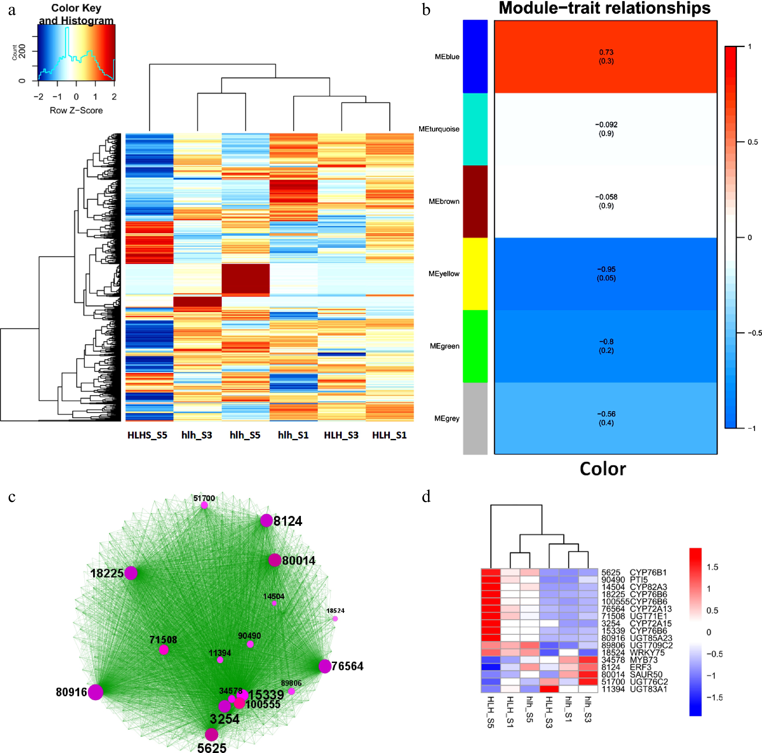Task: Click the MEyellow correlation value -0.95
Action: coord(606,269)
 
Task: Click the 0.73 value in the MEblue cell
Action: coord(606,52)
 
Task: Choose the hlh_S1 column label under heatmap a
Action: coord(293,435)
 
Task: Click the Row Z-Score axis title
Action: coord(76,110)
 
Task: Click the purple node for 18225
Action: coord(131,573)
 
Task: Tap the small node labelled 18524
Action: coord(335,619)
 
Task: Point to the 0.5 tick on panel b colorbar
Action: coord(753,142)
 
